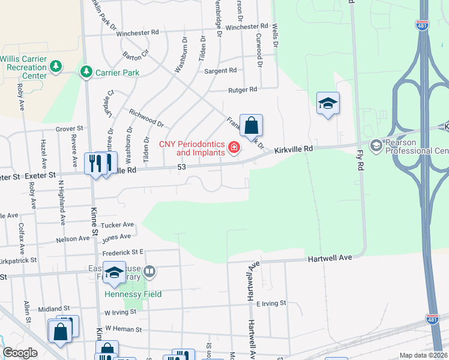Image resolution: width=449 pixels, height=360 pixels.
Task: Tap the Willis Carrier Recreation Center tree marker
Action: (56, 65)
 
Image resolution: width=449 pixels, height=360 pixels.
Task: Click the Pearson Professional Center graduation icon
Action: (376, 145)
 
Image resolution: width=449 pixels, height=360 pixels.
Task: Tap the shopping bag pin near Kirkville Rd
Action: (251, 125)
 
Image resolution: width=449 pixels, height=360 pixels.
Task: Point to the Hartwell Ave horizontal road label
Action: (330, 257)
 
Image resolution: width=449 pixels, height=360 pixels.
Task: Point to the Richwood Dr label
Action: (146, 117)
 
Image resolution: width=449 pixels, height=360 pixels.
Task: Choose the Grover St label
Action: (69, 128)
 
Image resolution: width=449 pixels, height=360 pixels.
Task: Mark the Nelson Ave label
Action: (73, 239)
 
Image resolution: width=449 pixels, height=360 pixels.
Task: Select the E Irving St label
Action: (271, 304)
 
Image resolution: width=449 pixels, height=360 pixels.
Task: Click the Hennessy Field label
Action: (133, 294)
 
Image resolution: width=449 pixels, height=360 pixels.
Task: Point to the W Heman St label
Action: (123, 329)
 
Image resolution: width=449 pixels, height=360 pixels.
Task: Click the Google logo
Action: (20, 353)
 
